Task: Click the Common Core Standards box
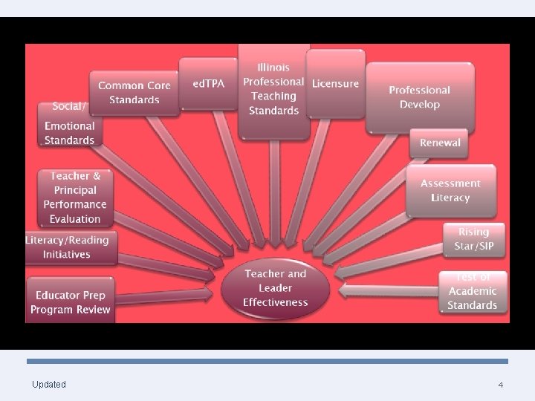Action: click(134, 93)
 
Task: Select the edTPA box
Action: click(209, 84)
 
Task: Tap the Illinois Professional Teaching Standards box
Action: click(273, 89)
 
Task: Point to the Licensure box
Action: click(335, 83)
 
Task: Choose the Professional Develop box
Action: click(419, 97)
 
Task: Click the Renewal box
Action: click(440, 143)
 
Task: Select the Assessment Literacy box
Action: click(450, 190)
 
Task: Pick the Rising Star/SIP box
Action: click(473, 239)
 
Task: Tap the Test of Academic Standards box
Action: click(472, 293)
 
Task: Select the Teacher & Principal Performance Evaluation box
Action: click(74, 198)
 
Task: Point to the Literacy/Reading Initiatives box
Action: click(68, 247)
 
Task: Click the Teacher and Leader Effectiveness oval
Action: click(275, 288)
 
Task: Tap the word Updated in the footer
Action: click(49, 384)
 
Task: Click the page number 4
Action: click(500, 385)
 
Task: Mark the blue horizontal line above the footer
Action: click(267, 361)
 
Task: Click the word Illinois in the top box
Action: click(273, 68)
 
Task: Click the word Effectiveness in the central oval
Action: click(275, 302)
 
